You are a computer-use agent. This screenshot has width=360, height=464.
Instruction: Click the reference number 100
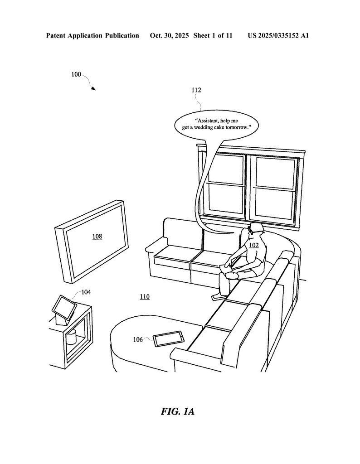pos(76,74)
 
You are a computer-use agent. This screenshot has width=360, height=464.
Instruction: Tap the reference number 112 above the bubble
pos(196,90)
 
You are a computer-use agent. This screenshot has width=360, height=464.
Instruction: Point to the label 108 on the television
pos(97,236)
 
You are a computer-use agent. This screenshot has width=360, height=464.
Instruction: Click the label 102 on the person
pos(254,245)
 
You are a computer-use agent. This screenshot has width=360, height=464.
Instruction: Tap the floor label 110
pos(144,297)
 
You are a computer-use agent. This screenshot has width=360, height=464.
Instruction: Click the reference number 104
pos(86,292)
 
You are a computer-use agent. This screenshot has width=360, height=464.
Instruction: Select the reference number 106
pos(138,339)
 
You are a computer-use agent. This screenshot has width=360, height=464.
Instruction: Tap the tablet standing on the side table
pos(63,308)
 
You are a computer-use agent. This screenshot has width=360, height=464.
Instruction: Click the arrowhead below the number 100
pos(93,88)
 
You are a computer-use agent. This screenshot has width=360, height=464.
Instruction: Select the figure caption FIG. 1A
pos(177,411)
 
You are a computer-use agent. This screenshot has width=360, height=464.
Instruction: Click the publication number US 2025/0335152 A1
pos(278,35)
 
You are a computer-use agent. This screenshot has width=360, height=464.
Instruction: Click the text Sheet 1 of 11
pos(213,35)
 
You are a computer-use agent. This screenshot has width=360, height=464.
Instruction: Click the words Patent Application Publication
pos(92,35)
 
